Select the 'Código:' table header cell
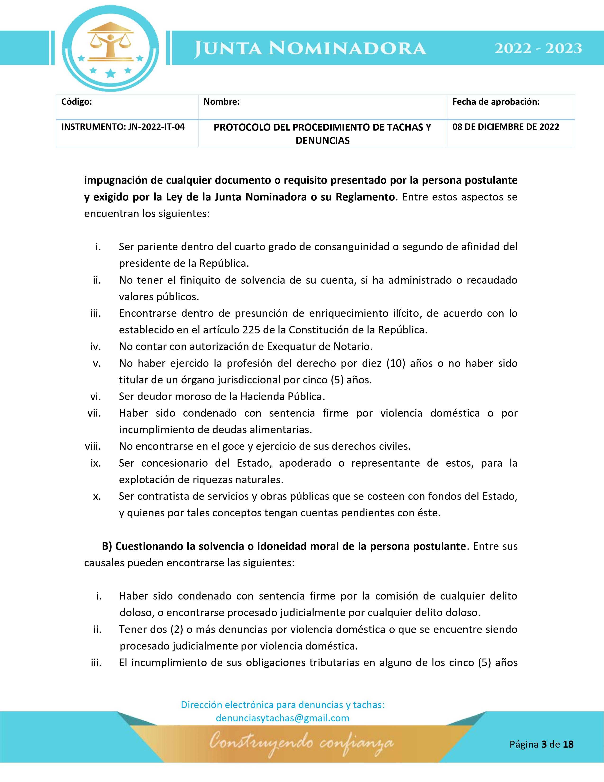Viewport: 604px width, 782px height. tap(77, 102)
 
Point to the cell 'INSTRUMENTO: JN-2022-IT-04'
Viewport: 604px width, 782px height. tap(123, 127)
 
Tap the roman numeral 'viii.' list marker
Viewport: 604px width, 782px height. tap(93, 446)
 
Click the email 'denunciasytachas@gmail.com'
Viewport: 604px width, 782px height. tap(282, 718)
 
